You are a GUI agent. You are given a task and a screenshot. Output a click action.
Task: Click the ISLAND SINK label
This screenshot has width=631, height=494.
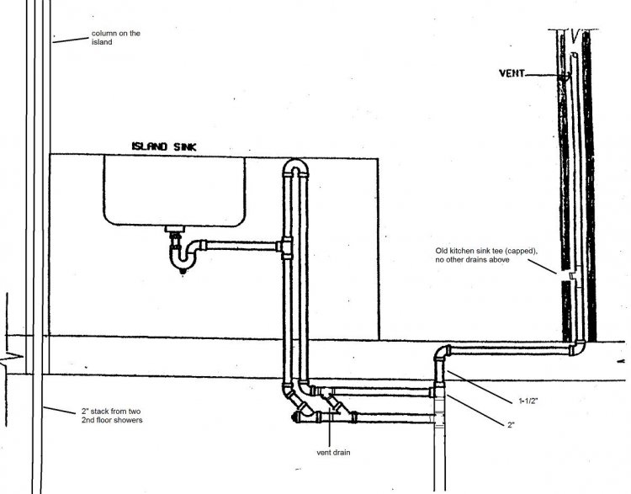click(x=164, y=146)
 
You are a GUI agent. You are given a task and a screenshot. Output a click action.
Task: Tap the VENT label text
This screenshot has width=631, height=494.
click(x=511, y=74)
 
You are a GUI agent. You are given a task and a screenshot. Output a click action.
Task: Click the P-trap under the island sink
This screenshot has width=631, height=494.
click(x=178, y=254)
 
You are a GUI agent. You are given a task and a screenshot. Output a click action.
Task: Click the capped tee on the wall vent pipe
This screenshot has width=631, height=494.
click(x=572, y=276)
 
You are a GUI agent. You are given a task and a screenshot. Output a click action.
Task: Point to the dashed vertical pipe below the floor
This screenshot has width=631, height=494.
click(x=439, y=454)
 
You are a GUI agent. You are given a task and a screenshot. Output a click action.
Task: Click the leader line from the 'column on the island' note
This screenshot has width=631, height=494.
click(x=71, y=39)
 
